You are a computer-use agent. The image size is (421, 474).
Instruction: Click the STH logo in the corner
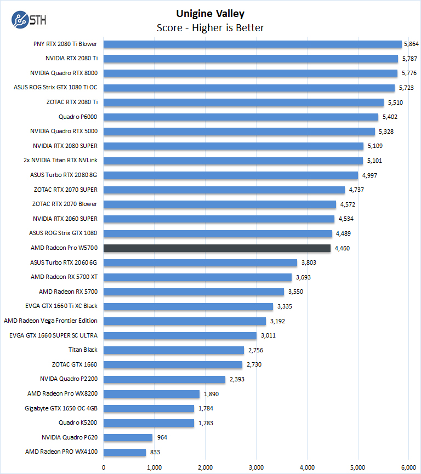28,20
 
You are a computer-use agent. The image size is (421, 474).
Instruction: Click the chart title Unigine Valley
210,13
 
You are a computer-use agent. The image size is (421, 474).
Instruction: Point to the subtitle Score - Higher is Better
210,27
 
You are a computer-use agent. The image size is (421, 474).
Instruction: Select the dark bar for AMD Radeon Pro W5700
217,248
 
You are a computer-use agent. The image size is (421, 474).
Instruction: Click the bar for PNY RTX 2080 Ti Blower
253,44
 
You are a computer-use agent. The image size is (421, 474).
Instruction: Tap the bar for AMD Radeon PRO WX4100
124,452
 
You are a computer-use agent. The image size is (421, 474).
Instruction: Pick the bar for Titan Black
174,350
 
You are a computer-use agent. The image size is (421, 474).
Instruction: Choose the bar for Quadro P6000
241,117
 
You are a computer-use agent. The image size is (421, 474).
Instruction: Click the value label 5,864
411,44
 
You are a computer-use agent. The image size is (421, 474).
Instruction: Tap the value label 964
162,438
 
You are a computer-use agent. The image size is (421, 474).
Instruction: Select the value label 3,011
267,335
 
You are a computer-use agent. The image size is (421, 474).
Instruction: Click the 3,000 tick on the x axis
256,467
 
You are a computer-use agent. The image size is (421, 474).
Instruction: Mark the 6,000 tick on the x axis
408,467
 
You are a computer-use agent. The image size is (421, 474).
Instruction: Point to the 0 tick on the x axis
104,467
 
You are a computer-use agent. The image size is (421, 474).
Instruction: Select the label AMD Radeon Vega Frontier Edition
50,321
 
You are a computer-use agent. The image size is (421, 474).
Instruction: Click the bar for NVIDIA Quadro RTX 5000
239,132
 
